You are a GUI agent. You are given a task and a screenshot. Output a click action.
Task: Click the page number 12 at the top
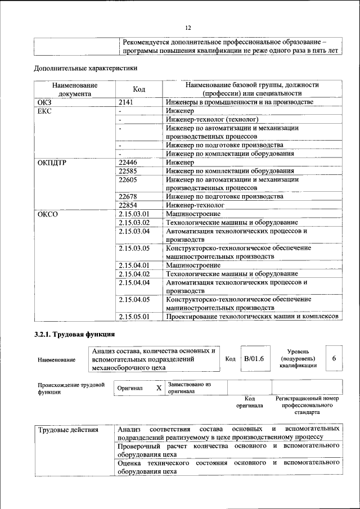click(x=188, y=28)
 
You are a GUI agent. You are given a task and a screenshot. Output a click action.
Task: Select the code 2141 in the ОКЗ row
click(x=128, y=102)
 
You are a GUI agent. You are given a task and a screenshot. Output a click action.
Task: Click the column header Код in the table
click(x=139, y=89)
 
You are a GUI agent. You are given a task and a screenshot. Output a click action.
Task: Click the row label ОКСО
click(x=48, y=214)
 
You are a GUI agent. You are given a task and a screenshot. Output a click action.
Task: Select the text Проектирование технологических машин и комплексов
click(x=251, y=317)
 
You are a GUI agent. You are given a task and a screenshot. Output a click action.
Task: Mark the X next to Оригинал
click(x=159, y=388)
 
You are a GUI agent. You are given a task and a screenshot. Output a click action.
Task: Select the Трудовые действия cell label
click(x=68, y=430)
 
